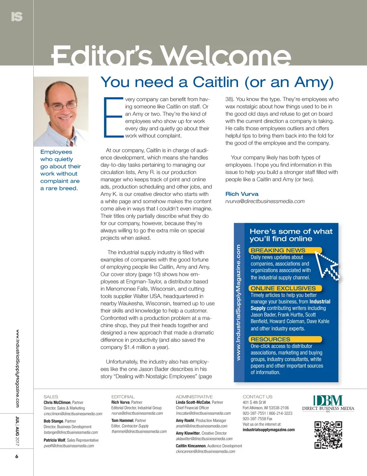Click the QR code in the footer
(328, 434)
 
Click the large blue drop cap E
(113, 117)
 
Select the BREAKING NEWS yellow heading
(278, 251)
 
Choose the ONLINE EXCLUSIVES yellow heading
(283, 288)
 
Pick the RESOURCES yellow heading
(271, 339)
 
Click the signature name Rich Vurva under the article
(242, 194)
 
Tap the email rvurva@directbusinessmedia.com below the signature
(265, 201)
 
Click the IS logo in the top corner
(16, 17)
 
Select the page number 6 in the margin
(16, 456)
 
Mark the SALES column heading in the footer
(51, 397)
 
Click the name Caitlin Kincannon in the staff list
(191, 446)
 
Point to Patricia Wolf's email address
(69, 446)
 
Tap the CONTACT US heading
(257, 397)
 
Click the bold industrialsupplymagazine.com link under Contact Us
(268, 430)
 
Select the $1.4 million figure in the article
(140, 347)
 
